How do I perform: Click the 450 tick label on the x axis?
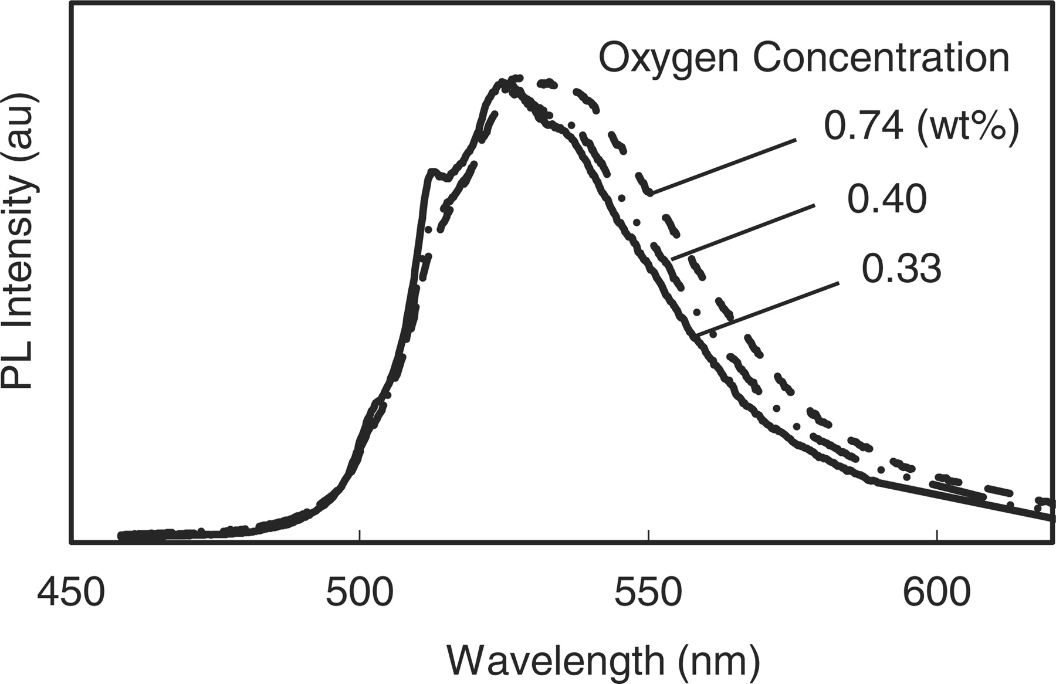click(x=71, y=593)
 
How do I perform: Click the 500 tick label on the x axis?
click(x=359, y=593)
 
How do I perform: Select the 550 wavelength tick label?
click(x=648, y=593)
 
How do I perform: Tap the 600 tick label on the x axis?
click(x=936, y=593)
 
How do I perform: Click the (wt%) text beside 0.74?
click(x=969, y=126)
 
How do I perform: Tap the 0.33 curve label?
click(x=901, y=269)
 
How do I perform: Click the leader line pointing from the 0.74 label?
click(x=724, y=167)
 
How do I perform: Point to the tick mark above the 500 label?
click(x=359, y=536)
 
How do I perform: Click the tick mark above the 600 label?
click(x=936, y=536)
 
